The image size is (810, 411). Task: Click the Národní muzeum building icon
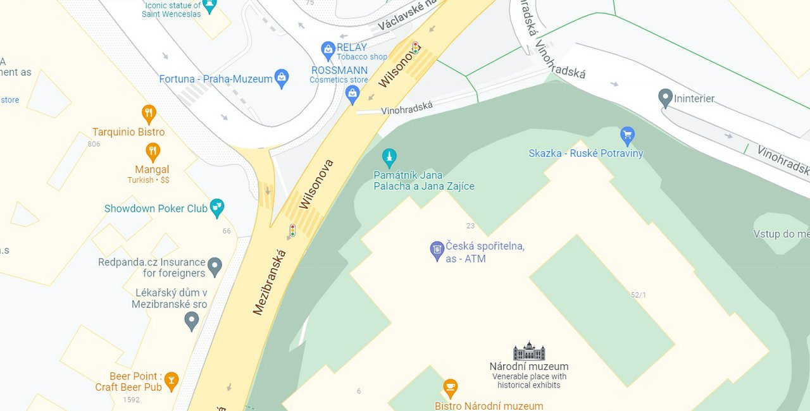click(x=529, y=351)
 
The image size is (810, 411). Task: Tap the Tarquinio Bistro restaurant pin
click(x=149, y=114)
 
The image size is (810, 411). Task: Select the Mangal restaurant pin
click(x=153, y=152)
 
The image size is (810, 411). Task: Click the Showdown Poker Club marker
click(x=217, y=207)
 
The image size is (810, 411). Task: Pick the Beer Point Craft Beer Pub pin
click(x=171, y=381)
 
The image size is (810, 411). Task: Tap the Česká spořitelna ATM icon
click(x=437, y=250)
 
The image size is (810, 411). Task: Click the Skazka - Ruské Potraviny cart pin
click(x=627, y=135)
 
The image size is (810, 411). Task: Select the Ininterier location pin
click(x=665, y=98)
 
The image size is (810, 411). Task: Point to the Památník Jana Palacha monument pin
click(x=389, y=157)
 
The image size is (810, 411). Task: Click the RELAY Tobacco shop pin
click(x=328, y=49)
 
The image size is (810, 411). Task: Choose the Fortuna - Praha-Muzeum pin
click(x=282, y=78)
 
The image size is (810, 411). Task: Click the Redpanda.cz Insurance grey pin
click(x=215, y=267)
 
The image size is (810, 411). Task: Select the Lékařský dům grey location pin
click(x=191, y=321)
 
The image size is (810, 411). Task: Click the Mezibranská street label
click(x=270, y=283)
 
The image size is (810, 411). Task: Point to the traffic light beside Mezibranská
click(x=292, y=230)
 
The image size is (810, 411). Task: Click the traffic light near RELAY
click(x=416, y=47)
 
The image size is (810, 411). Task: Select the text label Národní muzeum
click(x=529, y=366)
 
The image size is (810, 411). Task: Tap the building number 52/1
click(x=638, y=295)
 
